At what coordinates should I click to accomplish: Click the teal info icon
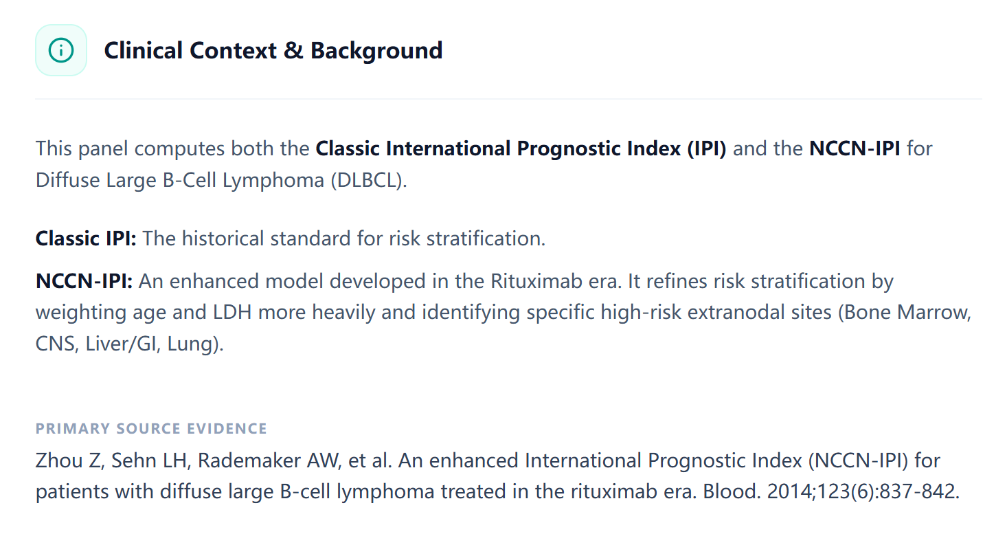[x=61, y=50]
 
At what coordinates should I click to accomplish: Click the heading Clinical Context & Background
[x=273, y=51]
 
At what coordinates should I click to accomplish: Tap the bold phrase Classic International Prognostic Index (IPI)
[x=520, y=148]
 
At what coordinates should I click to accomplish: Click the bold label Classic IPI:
[x=86, y=238]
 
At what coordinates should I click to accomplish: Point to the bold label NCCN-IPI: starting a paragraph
[x=84, y=281]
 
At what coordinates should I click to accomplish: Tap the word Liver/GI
[x=124, y=344]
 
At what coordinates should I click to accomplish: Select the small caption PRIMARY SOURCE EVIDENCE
[x=151, y=429]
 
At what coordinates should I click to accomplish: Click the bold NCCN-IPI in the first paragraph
[x=855, y=148]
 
